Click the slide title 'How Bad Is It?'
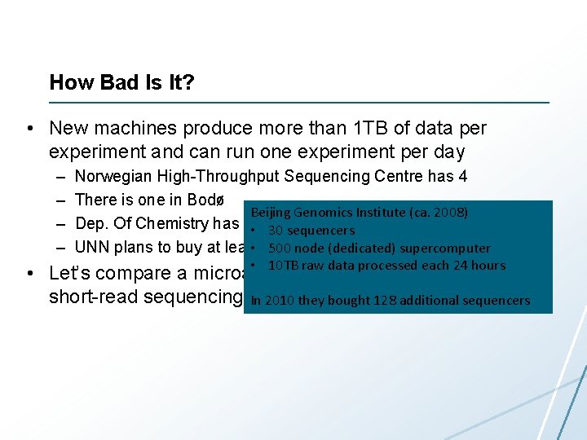coord(121,82)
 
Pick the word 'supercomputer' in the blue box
coord(450,249)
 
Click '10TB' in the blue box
coord(284,266)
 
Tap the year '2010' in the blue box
coord(279,301)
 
